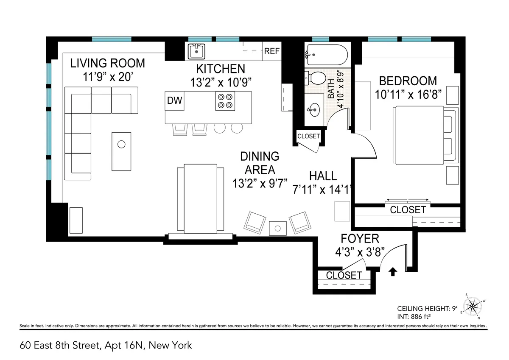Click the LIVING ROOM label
click(x=107, y=63)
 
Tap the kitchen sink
click(x=196, y=51)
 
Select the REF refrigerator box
click(x=271, y=51)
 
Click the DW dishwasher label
click(x=174, y=101)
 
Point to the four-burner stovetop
click(x=225, y=101)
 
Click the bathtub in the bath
click(x=326, y=54)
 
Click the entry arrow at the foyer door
click(x=393, y=272)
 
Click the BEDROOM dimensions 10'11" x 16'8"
click(x=408, y=94)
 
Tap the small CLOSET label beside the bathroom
click(x=308, y=136)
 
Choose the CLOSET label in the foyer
click(x=344, y=275)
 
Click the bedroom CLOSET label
click(x=407, y=209)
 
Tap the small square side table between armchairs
click(x=278, y=228)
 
